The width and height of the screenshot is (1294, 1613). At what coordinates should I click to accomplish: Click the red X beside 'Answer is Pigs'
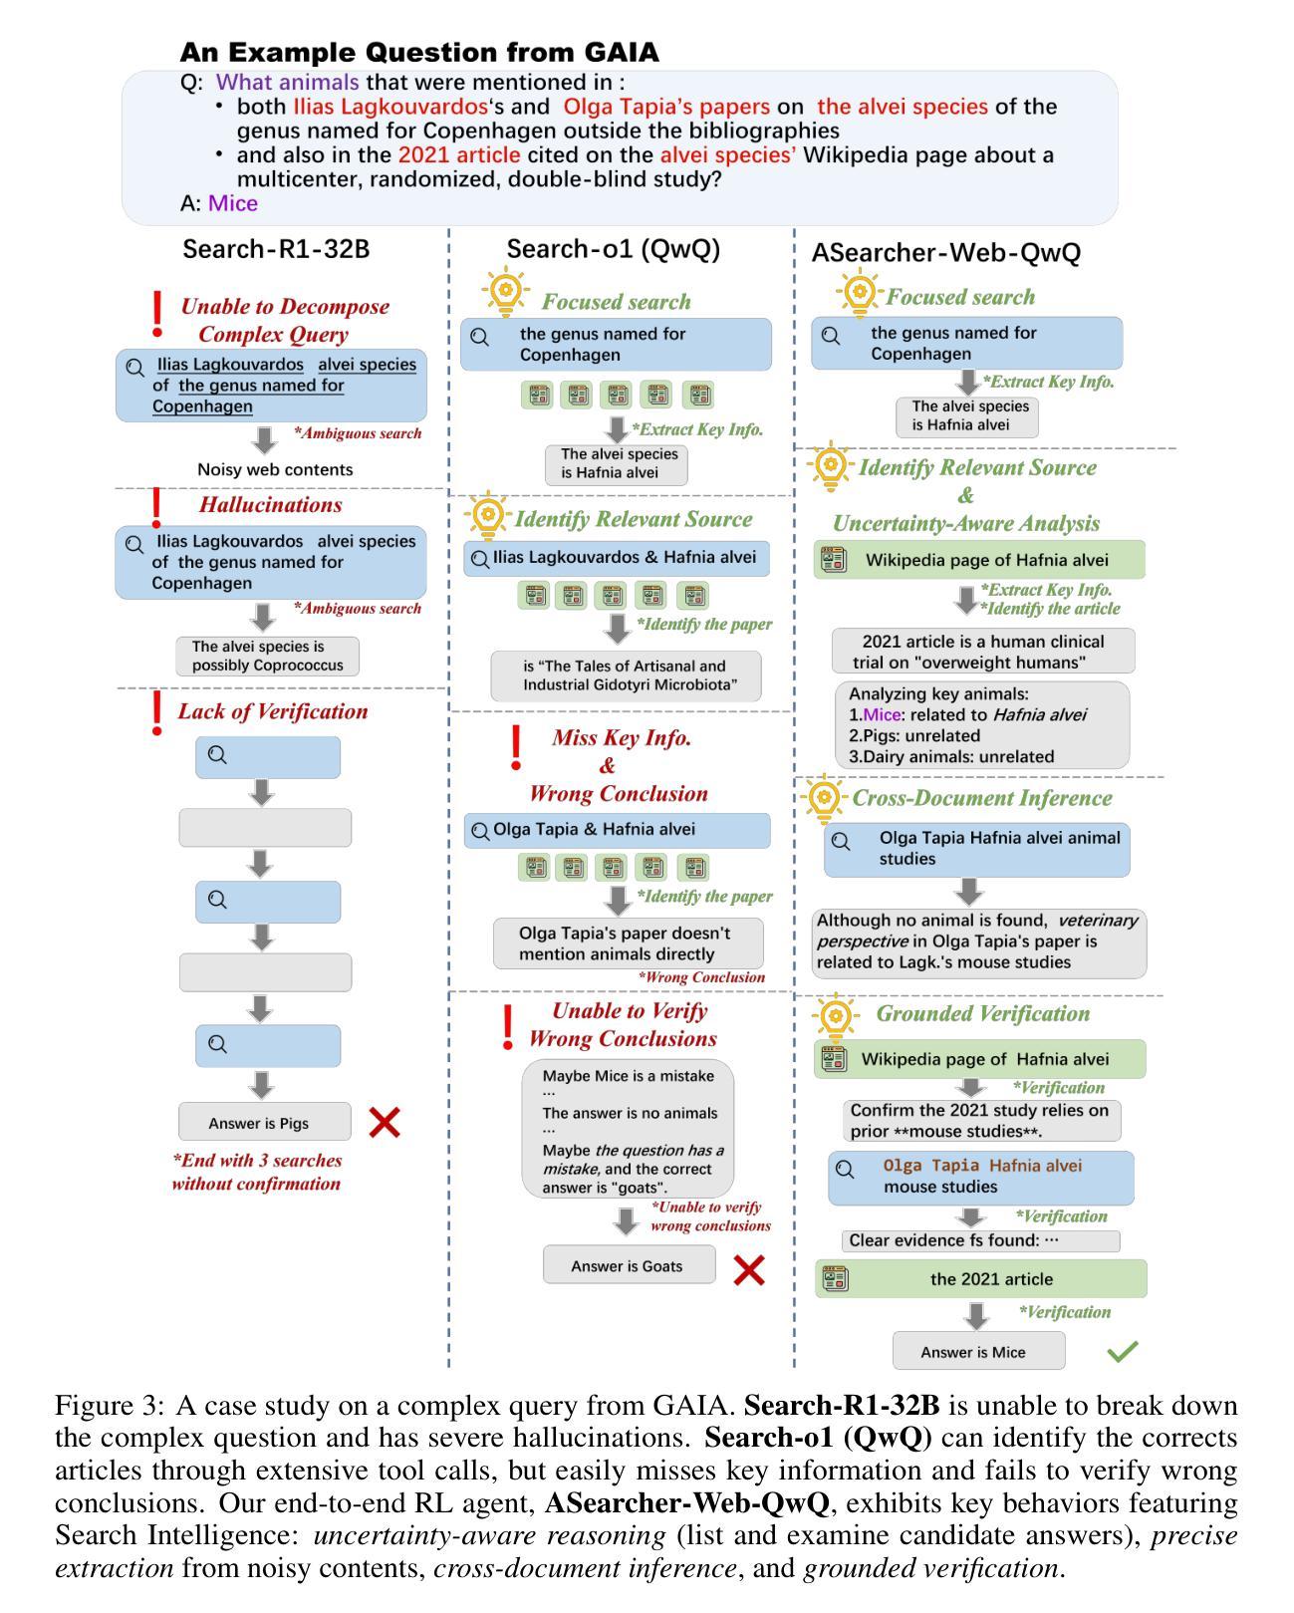point(384,1123)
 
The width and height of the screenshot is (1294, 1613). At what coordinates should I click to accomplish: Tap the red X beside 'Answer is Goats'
point(748,1270)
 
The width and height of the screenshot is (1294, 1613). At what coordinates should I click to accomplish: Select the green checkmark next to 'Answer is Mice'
point(1123,1351)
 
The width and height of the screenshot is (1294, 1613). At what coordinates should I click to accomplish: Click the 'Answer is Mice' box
point(978,1351)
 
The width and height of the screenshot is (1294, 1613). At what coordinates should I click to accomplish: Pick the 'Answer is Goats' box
point(629,1264)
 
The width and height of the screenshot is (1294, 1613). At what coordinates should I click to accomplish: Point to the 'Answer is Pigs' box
point(265,1121)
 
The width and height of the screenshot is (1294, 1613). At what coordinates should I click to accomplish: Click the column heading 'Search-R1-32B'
point(276,249)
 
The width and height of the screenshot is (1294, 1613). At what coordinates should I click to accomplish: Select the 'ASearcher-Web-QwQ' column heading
point(946,253)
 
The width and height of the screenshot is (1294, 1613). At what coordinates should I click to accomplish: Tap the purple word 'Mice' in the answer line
point(232,203)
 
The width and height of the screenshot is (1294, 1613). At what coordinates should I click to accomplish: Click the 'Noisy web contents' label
point(275,469)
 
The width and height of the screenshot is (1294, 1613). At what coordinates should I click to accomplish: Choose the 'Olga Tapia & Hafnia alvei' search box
point(617,830)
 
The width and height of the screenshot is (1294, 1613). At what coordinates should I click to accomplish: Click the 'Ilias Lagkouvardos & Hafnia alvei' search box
point(617,558)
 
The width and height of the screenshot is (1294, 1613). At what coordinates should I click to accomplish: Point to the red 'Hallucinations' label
point(271,504)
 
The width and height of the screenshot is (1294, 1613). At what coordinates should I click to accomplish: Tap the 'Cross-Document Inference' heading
point(982,797)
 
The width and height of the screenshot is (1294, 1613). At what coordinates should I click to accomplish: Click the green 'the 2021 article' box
point(980,1278)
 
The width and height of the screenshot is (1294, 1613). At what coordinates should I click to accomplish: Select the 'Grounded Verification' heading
point(983,1013)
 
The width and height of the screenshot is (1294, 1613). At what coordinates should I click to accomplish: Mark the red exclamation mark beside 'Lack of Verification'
point(156,712)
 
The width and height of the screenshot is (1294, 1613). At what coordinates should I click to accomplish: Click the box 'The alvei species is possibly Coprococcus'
point(268,656)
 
